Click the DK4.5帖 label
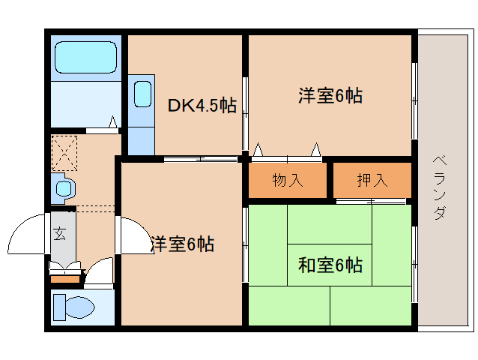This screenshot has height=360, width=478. click(x=202, y=105)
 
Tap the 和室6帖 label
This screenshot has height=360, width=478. click(x=330, y=265)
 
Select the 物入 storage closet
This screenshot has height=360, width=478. click(x=288, y=180)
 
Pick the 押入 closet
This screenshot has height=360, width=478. click(x=372, y=180)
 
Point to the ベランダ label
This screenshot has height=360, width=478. click(x=440, y=187)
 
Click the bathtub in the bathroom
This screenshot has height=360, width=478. click(x=86, y=57)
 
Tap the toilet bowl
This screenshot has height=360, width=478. click(x=80, y=307)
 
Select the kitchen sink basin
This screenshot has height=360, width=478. click(x=142, y=94)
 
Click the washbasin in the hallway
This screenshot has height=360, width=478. click(x=64, y=188)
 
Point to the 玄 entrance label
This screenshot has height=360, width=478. click(x=59, y=234)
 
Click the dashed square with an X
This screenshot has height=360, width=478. click(x=64, y=153)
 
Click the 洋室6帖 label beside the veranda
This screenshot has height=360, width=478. click(x=330, y=95)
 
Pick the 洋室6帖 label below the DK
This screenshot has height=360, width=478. click(x=182, y=244)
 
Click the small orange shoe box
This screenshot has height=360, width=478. click(x=65, y=279)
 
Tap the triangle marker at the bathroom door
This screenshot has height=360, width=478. click(x=113, y=121)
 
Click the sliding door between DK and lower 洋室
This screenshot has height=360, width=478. click(x=201, y=159)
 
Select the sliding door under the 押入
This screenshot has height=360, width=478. click(x=371, y=201)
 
